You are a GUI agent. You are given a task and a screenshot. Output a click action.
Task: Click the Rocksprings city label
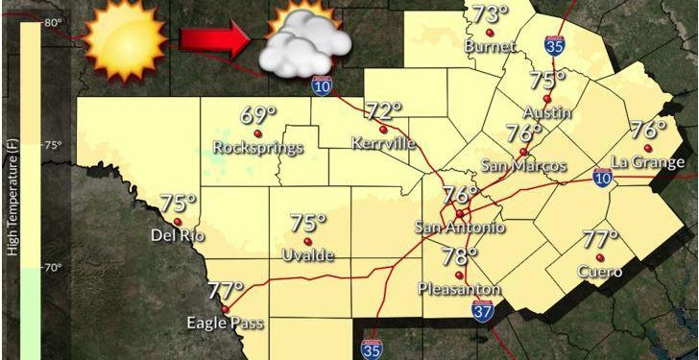coord(258,148)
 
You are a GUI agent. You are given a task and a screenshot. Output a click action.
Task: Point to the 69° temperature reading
coord(258,116)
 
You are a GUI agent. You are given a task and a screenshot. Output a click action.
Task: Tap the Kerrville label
coord(384,143)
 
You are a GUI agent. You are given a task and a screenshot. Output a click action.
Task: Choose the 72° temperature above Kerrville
coord(383,111)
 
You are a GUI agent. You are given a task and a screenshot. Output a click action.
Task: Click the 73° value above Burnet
coord(490,14)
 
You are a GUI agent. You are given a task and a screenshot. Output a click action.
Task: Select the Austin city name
coord(547,112)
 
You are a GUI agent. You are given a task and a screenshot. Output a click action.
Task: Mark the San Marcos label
coord(524,166)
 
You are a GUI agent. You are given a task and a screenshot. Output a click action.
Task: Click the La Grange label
coord(647,162)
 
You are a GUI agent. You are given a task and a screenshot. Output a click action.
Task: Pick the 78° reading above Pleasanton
coord(460,256)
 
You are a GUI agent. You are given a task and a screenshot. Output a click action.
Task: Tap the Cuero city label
coord(600,272)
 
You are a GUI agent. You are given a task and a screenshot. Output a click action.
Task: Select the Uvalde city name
coord(308,254)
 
